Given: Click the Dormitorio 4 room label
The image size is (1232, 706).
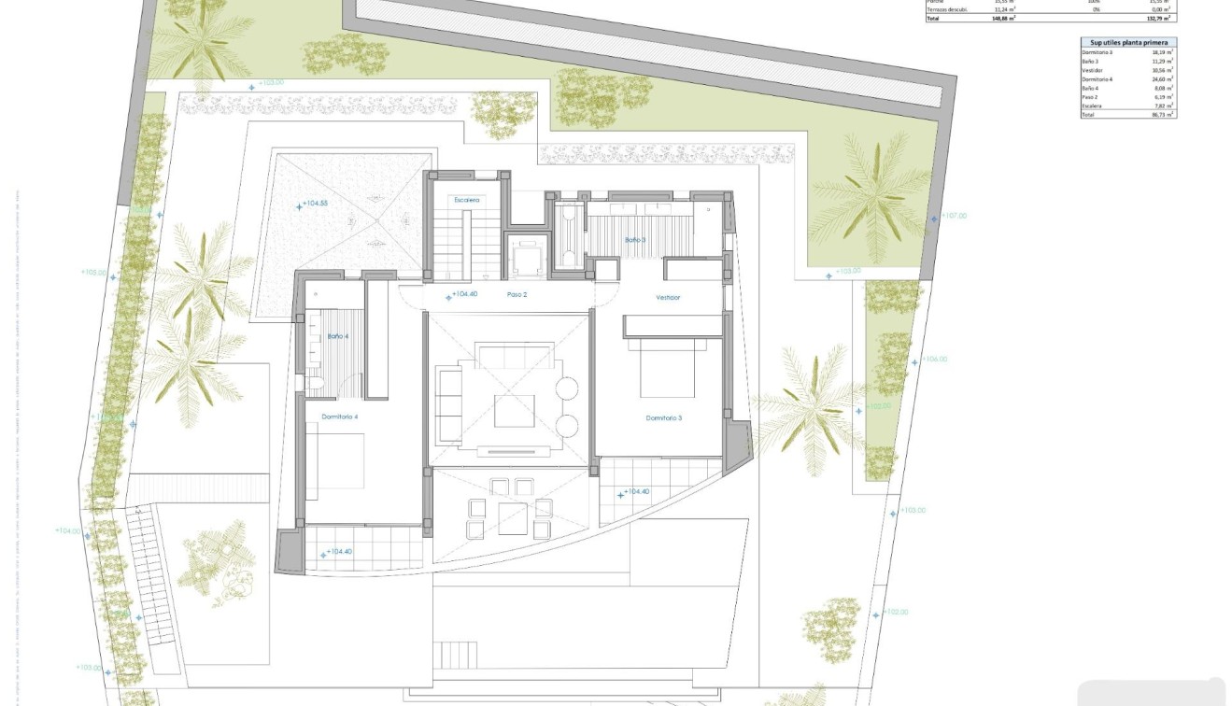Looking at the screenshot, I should coord(340,417).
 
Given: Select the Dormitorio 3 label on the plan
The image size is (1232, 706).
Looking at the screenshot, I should coord(663,418).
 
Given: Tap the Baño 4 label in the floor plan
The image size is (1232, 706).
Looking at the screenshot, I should coord(337,336).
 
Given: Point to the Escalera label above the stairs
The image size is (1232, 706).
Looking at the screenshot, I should coord(467,200).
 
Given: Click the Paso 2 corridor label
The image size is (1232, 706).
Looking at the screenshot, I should coord(517,294).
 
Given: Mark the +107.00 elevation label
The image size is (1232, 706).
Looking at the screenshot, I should coord(954,216).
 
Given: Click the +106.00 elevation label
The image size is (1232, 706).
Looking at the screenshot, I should coord(934,360).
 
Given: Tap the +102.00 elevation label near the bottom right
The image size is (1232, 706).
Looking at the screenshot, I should coord(895,613).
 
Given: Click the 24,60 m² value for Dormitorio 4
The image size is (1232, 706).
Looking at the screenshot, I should coord(1163,79).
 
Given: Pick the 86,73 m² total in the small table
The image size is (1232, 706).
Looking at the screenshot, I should coord(1163,114).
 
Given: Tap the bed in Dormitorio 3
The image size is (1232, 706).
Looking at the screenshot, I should coord(666,369).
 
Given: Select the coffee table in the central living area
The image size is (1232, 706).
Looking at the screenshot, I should coord(515,410).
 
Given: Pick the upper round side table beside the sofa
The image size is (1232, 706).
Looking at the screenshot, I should coord(567,387).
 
